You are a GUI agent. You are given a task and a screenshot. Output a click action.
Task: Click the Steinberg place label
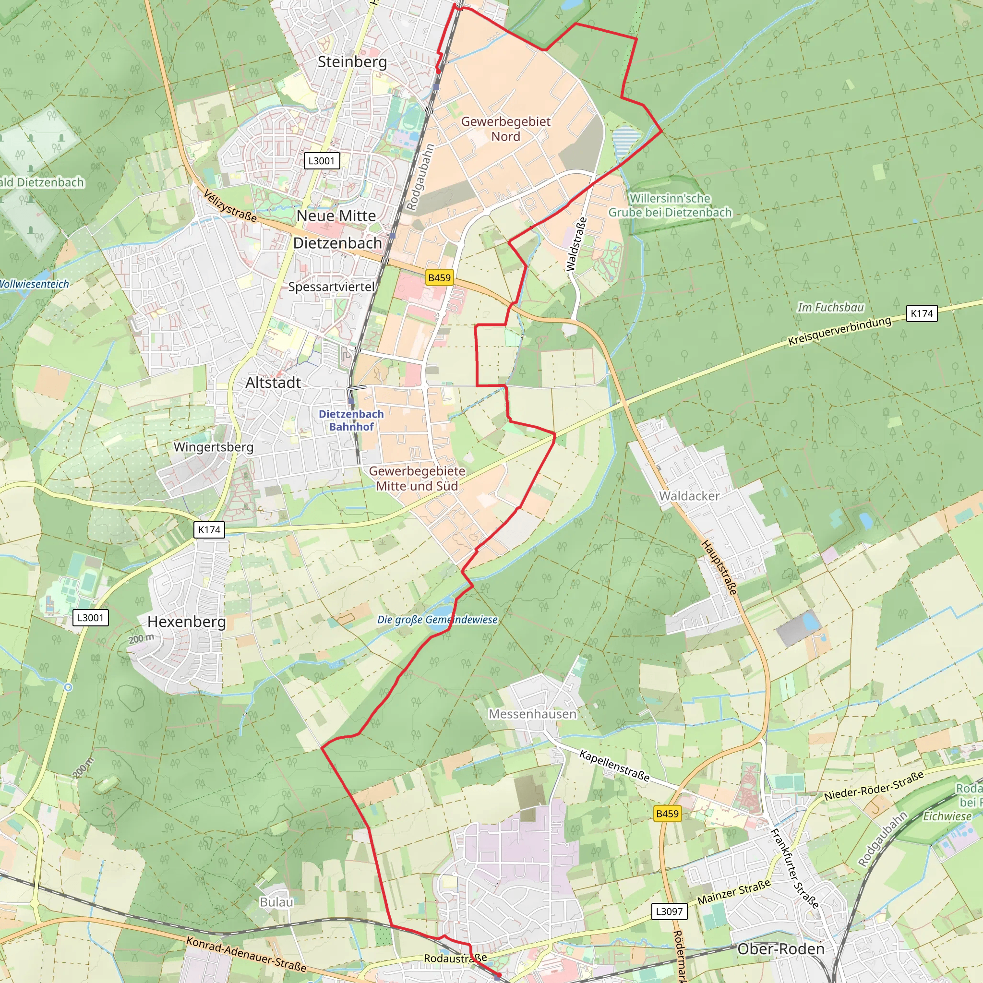coord(352,62)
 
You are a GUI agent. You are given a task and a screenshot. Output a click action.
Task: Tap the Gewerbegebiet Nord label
coord(505,129)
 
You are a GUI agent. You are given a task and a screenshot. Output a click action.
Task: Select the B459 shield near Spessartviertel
coord(439,278)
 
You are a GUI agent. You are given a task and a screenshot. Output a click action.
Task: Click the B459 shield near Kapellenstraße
coord(667,814)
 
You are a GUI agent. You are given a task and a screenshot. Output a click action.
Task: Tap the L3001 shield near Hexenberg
coord(91,618)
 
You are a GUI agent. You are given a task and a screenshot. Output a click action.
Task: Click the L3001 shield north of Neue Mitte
coord(322,161)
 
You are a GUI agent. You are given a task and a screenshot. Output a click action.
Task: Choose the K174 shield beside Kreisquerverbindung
coord(922,313)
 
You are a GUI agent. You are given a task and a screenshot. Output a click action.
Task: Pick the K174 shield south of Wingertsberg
coord(209,530)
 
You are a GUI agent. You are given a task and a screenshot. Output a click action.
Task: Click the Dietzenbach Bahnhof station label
coord(351,420)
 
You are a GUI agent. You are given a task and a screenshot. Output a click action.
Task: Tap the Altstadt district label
coord(273,383)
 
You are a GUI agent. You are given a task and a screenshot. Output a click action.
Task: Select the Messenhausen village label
coord(532,714)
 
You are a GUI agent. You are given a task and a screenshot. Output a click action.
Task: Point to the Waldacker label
coord(689,496)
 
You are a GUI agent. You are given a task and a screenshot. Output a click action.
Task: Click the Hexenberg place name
coord(186,622)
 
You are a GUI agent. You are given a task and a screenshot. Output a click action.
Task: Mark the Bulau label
coord(276,902)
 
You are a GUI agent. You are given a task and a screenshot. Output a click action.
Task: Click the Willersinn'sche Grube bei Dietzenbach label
coord(670,205)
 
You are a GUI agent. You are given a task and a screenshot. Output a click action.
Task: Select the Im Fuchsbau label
coord(830,307)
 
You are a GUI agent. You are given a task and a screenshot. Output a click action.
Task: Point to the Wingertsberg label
coord(213,447)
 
